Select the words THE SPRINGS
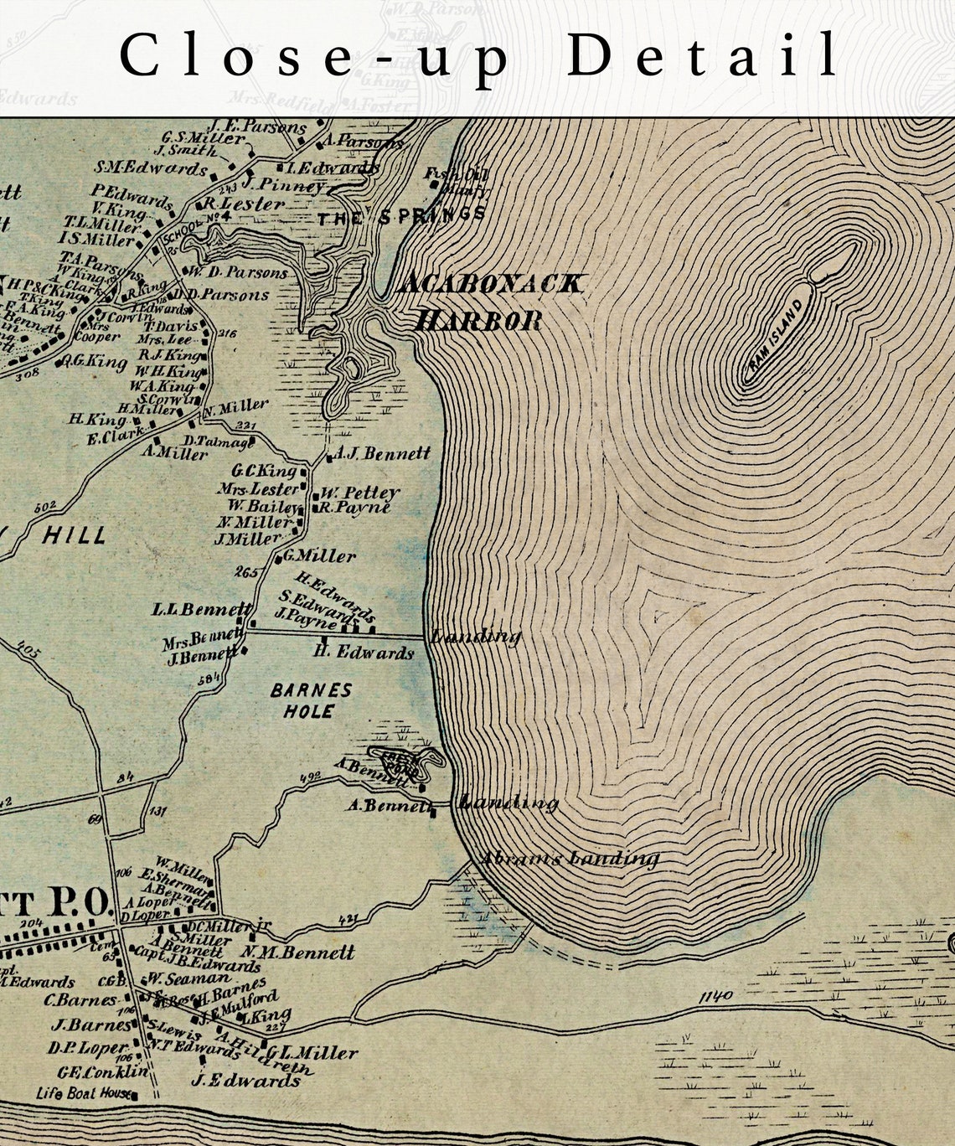point(401,216)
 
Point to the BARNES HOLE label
point(311,701)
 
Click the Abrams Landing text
point(569,858)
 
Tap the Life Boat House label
point(84,1093)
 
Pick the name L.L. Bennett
point(201,609)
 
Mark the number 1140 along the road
point(714,995)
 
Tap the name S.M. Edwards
point(150,168)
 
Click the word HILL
point(74,535)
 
